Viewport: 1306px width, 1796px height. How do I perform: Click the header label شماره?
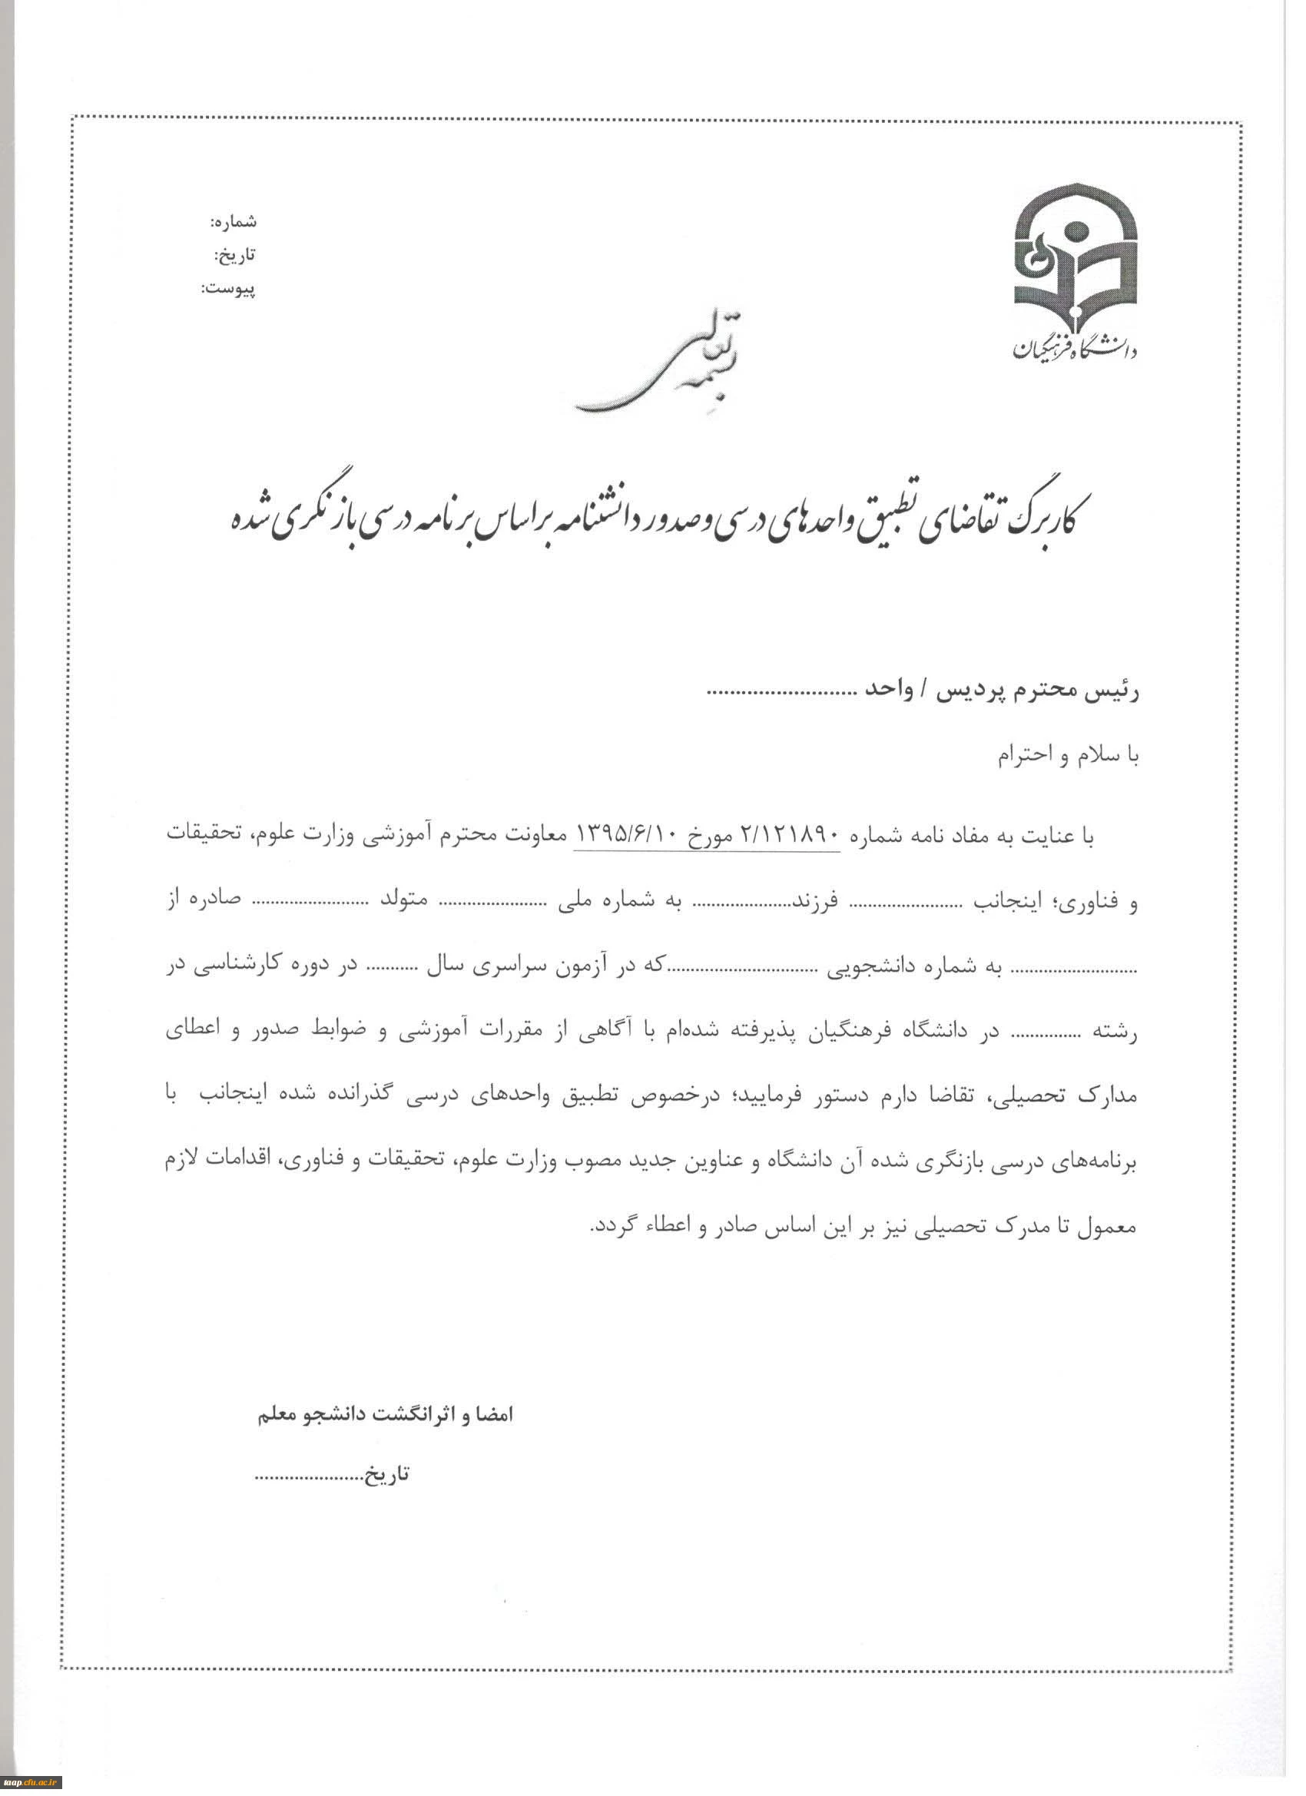tap(233, 222)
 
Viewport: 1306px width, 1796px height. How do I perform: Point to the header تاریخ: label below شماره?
tap(235, 256)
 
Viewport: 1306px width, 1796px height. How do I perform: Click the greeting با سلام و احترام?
tap(1067, 755)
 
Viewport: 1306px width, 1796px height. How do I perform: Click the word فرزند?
tap(817, 903)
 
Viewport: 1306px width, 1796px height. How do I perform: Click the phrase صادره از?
tap(204, 903)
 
